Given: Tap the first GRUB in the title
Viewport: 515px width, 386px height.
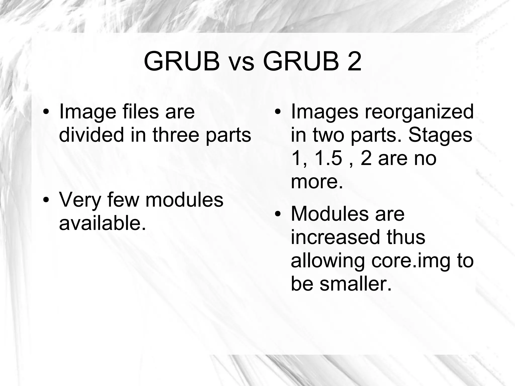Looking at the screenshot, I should (182, 62).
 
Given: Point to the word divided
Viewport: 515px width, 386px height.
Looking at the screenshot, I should (91, 135).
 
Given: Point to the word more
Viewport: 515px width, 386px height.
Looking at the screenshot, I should (317, 182).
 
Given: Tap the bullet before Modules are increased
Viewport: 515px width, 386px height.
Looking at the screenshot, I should (277, 214).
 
